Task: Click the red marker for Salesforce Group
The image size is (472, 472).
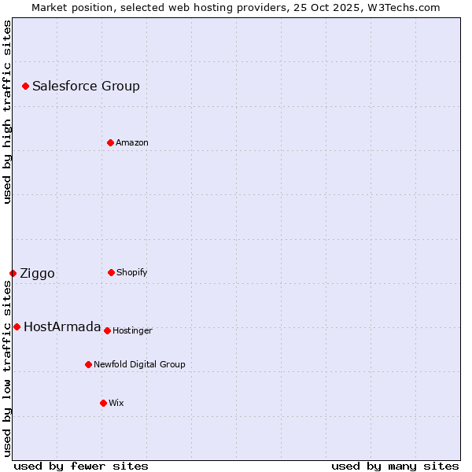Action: pyautogui.click(x=25, y=86)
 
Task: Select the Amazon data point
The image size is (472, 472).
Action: pyautogui.click(x=110, y=142)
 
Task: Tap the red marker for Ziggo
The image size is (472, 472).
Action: pyautogui.click(x=13, y=273)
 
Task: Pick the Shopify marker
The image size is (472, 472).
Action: pyautogui.click(x=111, y=272)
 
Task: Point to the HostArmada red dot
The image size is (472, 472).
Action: pyautogui.click(x=17, y=326)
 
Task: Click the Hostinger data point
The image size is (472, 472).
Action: pyautogui.click(x=107, y=330)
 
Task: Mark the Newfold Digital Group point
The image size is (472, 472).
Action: pyautogui.click(x=88, y=364)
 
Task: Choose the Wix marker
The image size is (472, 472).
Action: pyautogui.click(x=103, y=403)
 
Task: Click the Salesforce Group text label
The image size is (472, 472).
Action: pyautogui.click(x=86, y=87)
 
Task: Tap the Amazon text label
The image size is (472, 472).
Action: pyautogui.click(x=132, y=143)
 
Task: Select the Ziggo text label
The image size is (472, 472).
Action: pyautogui.click(x=37, y=274)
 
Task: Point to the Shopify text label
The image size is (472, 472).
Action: pyautogui.click(x=132, y=273)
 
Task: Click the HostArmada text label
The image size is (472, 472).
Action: pyautogui.click(x=62, y=327)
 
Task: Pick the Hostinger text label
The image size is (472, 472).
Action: pyautogui.click(x=132, y=331)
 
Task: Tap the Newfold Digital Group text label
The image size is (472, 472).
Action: pyautogui.click(x=139, y=365)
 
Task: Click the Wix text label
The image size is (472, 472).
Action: pyautogui.click(x=116, y=404)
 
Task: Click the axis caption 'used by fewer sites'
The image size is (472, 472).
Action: pyautogui.click(x=81, y=466)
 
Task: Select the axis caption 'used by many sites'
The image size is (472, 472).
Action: pyautogui.click(x=395, y=466)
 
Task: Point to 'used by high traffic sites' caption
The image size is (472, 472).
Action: pyautogui.click(x=7, y=112)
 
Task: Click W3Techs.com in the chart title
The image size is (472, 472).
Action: pyautogui.click(x=401, y=7)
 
